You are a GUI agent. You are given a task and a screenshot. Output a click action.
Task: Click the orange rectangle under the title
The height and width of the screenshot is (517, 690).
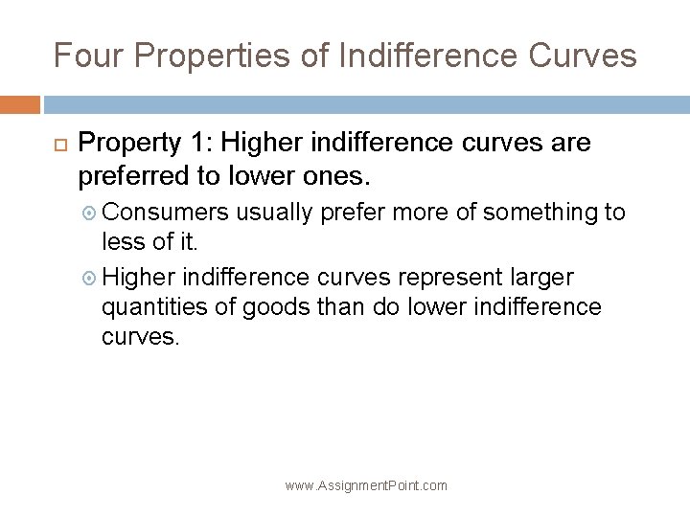(x=20, y=103)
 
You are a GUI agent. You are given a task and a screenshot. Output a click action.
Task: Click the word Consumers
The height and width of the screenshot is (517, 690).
(x=165, y=212)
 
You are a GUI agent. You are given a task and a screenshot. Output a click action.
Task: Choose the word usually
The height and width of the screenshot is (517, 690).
(x=276, y=212)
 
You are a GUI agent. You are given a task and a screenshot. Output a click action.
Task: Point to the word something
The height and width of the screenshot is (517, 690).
(x=535, y=212)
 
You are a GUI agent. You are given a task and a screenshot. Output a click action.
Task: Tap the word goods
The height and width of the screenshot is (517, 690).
(x=290, y=307)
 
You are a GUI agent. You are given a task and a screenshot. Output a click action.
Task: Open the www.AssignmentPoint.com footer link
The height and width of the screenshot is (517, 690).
(x=366, y=485)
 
